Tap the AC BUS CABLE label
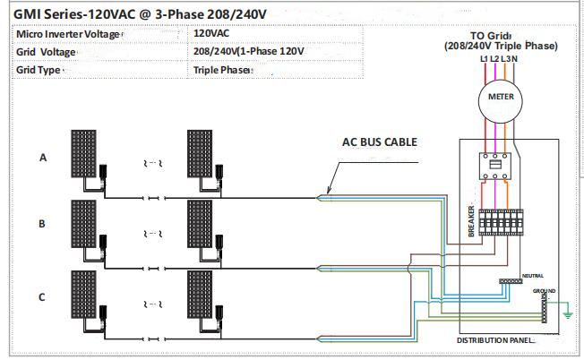(380, 141)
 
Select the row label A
(42, 158)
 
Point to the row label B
(42, 224)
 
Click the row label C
(42, 297)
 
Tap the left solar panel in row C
(87, 292)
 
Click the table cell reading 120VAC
(211, 33)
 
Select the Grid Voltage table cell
(47, 51)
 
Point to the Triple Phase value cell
(220, 69)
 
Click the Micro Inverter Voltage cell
(67, 33)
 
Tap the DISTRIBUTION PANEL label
(496, 340)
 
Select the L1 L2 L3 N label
(497, 58)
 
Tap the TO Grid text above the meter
(496, 36)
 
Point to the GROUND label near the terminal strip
(544, 291)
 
